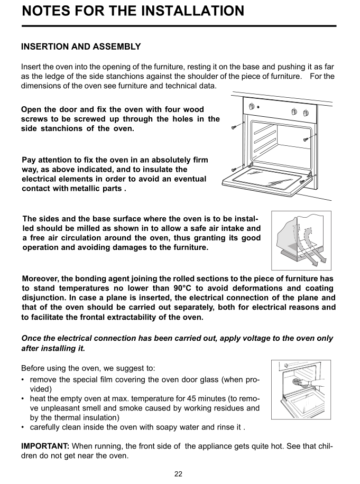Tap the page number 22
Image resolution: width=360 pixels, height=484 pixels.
click(x=179, y=474)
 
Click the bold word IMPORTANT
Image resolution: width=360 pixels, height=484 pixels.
click(x=45, y=446)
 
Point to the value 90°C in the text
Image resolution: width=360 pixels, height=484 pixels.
click(x=183, y=288)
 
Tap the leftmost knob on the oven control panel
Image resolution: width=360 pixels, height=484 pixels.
click(x=252, y=107)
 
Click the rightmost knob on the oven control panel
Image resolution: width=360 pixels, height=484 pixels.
click(x=306, y=113)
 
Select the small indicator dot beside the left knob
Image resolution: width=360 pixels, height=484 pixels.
click(x=258, y=107)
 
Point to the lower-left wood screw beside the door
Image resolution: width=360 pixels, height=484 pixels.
click(x=235, y=170)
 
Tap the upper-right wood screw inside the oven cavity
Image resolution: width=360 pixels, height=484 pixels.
click(x=306, y=139)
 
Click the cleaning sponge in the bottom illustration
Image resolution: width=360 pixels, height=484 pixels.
click(x=298, y=381)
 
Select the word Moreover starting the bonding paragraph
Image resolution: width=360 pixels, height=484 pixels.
click(x=41, y=279)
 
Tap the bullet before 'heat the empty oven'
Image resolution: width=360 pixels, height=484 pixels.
click(x=23, y=399)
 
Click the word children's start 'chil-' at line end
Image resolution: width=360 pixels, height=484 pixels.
click(x=326, y=446)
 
